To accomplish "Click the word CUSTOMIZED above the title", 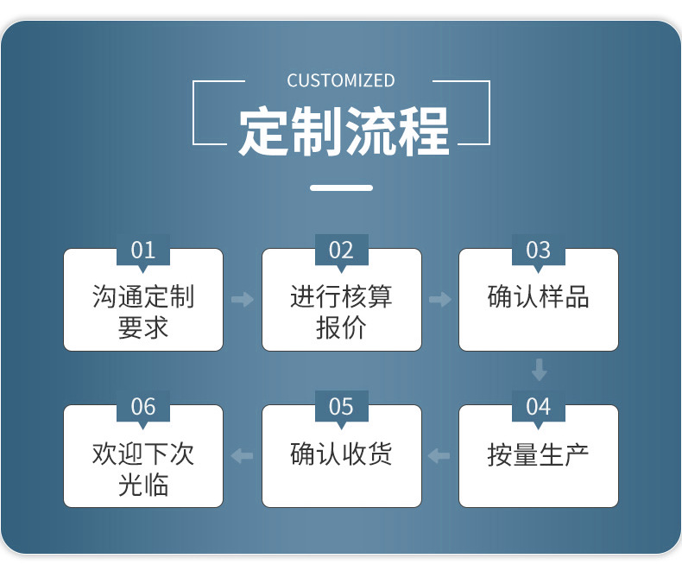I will pyautogui.click(x=341, y=80).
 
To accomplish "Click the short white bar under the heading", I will pyautogui.click(x=341, y=187).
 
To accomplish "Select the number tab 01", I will pyautogui.click(x=143, y=251).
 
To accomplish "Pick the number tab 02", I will pyautogui.click(x=341, y=251).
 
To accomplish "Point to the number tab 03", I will pyautogui.click(x=538, y=251).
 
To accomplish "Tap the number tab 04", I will pyautogui.click(x=538, y=407).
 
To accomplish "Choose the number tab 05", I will pyautogui.click(x=341, y=407).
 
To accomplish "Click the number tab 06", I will pyautogui.click(x=143, y=407).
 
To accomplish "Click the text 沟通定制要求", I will pyautogui.click(x=143, y=312).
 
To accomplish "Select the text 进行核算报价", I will pyautogui.click(x=341, y=312).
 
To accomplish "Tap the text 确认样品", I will pyautogui.click(x=538, y=297).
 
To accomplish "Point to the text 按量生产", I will pyautogui.click(x=538, y=455).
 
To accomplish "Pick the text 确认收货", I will pyautogui.click(x=341, y=454).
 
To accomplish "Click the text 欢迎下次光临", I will pyautogui.click(x=143, y=468).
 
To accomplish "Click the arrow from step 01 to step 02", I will pyautogui.click(x=243, y=300).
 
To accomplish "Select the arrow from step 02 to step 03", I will pyautogui.click(x=440, y=300).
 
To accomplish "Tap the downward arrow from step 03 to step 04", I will pyautogui.click(x=539, y=370).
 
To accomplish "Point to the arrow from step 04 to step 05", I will pyautogui.click(x=439, y=455).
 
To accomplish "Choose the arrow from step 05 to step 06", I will pyautogui.click(x=243, y=455).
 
